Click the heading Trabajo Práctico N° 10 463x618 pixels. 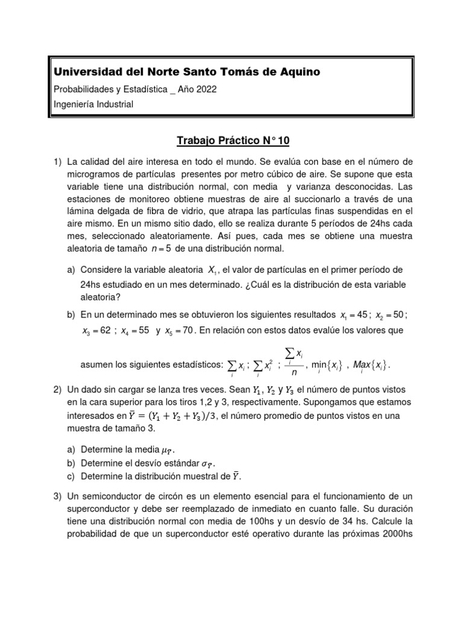[x=233, y=141]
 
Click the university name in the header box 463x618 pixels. [x=187, y=72]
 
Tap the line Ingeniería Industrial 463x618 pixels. [x=94, y=104]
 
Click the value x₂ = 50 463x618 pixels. [x=391, y=314]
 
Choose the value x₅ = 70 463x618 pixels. [x=180, y=331]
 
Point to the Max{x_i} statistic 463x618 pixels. [x=372, y=365]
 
